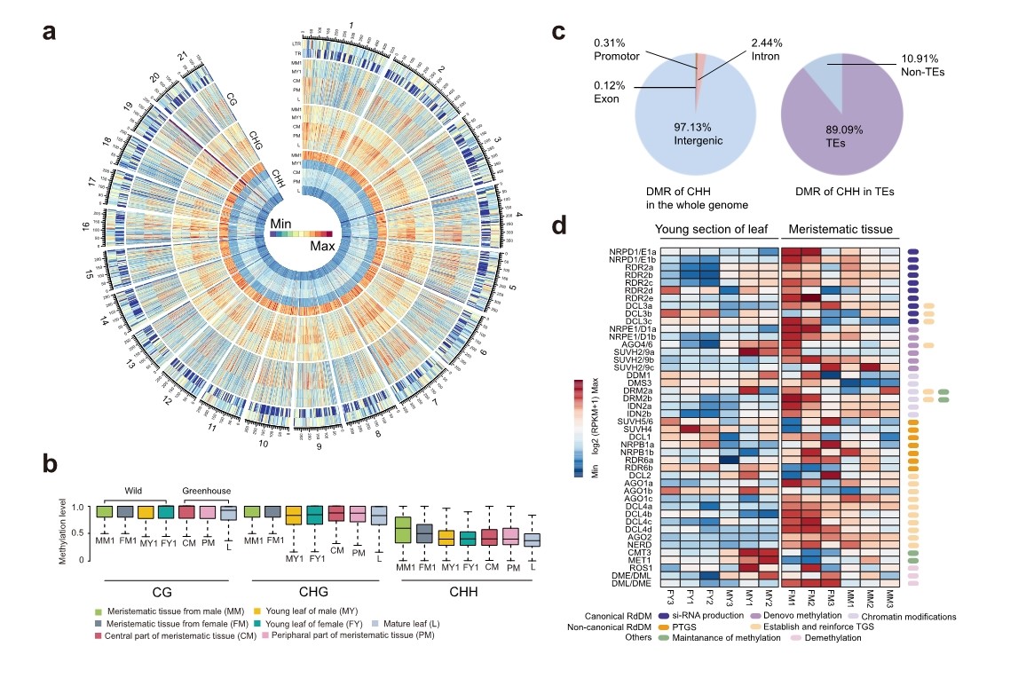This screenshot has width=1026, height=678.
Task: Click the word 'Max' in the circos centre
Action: (320, 246)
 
